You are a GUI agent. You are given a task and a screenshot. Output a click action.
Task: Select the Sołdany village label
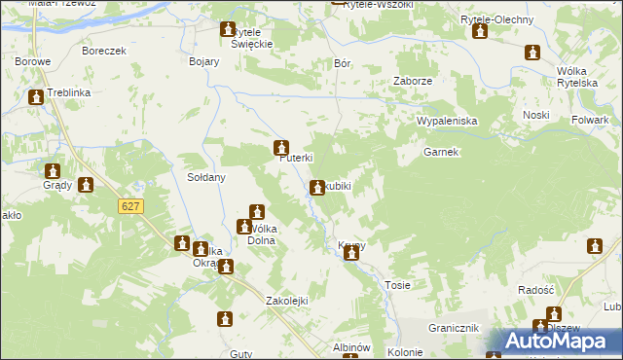[206, 177]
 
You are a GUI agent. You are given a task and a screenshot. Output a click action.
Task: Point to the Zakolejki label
[287, 301]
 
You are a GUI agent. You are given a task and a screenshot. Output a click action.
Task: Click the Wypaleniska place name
[446, 121]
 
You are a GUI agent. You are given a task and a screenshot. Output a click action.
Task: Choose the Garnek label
[441, 153]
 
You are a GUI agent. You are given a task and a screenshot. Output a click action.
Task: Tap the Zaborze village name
[412, 82]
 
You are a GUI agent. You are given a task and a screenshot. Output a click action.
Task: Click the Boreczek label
[105, 51]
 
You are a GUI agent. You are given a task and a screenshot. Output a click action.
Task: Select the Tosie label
[397, 285]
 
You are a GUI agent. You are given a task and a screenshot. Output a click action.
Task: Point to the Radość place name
[535, 291]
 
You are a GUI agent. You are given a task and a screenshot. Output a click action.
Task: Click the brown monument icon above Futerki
[280, 148]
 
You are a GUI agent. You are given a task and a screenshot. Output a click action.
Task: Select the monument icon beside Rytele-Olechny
[480, 32]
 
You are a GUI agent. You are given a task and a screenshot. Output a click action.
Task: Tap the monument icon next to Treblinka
[37, 97]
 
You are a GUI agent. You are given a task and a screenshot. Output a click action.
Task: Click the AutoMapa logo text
[562, 342]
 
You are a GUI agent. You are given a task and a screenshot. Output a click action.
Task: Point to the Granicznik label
[456, 329]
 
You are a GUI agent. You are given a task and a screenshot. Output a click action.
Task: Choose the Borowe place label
[32, 61]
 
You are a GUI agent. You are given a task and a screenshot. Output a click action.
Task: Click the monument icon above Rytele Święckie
[228, 30]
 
